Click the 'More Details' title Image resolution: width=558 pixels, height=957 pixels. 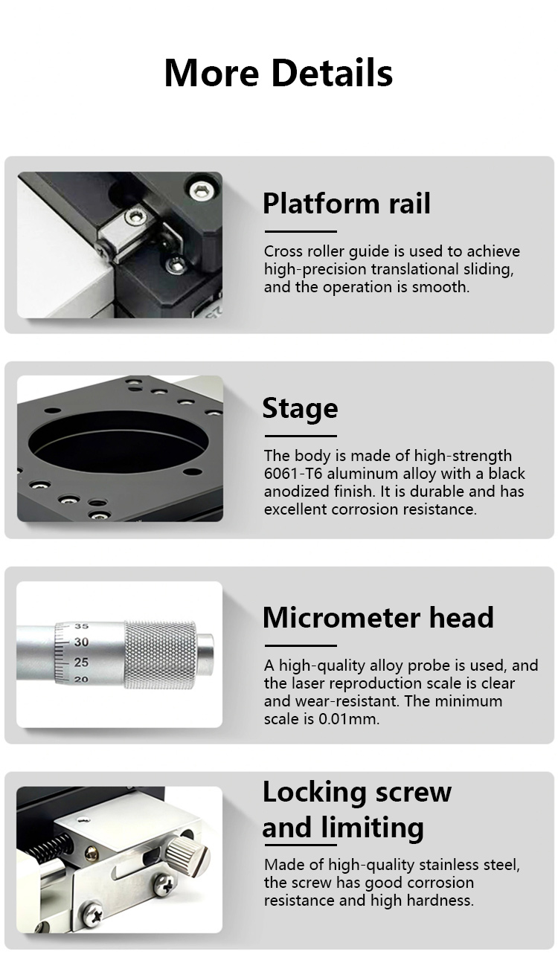pyautogui.click(x=278, y=73)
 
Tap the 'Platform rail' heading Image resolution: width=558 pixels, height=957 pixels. pyautogui.click(x=347, y=203)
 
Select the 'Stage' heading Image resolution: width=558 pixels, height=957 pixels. pyautogui.click(x=300, y=408)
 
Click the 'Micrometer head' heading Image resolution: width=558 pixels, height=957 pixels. pyautogui.click(x=378, y=617)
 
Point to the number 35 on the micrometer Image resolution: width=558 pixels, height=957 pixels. pyautogui.click(x=81, y=626)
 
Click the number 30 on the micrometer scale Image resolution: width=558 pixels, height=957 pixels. pyautogui.click(x=81, y=642)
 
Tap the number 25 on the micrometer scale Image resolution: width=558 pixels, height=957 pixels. pyautogui.click(x=81, y=663)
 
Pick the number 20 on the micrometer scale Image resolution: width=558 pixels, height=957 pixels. pyautogui.click(x=81, y=680)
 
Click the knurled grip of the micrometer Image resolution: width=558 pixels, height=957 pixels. pyautogui.click(x=161, y=655)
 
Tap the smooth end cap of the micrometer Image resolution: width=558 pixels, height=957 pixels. pyautogui.click(x=205, y=654)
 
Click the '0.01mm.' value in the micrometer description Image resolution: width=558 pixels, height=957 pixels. pyautogui.click(x=349, y=719)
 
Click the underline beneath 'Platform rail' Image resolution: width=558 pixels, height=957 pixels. pyautogui.click(x=301, y=231)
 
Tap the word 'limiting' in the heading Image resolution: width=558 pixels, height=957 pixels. pyautogui.click(x=373, y=827)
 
